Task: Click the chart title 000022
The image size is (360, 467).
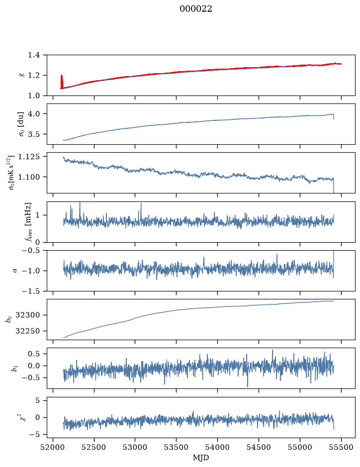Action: click(195, 9)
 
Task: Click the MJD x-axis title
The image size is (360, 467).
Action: click(201, 458)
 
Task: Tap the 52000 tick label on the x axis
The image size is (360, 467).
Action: click(53, 447)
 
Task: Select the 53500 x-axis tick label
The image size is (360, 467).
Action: click(177, 447)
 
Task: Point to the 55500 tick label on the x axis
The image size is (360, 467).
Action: click(341, 447)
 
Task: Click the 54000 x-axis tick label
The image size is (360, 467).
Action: click(217, 447)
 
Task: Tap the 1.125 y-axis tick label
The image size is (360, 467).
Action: click(28, 157)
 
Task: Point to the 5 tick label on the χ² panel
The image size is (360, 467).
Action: click(37, 400)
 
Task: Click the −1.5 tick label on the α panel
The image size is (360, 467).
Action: click(31, 291)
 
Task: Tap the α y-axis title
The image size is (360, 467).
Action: click(15, 271)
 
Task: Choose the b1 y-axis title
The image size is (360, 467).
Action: click(14, 368)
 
